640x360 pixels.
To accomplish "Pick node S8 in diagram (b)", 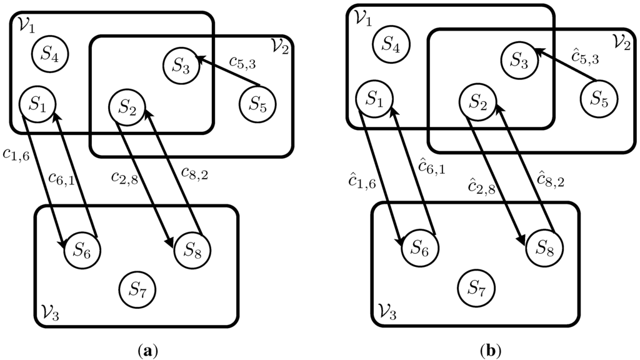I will tap(543, 247).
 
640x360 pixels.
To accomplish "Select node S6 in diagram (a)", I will tap(82, 251).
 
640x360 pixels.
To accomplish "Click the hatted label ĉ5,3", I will tap(586, 58).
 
